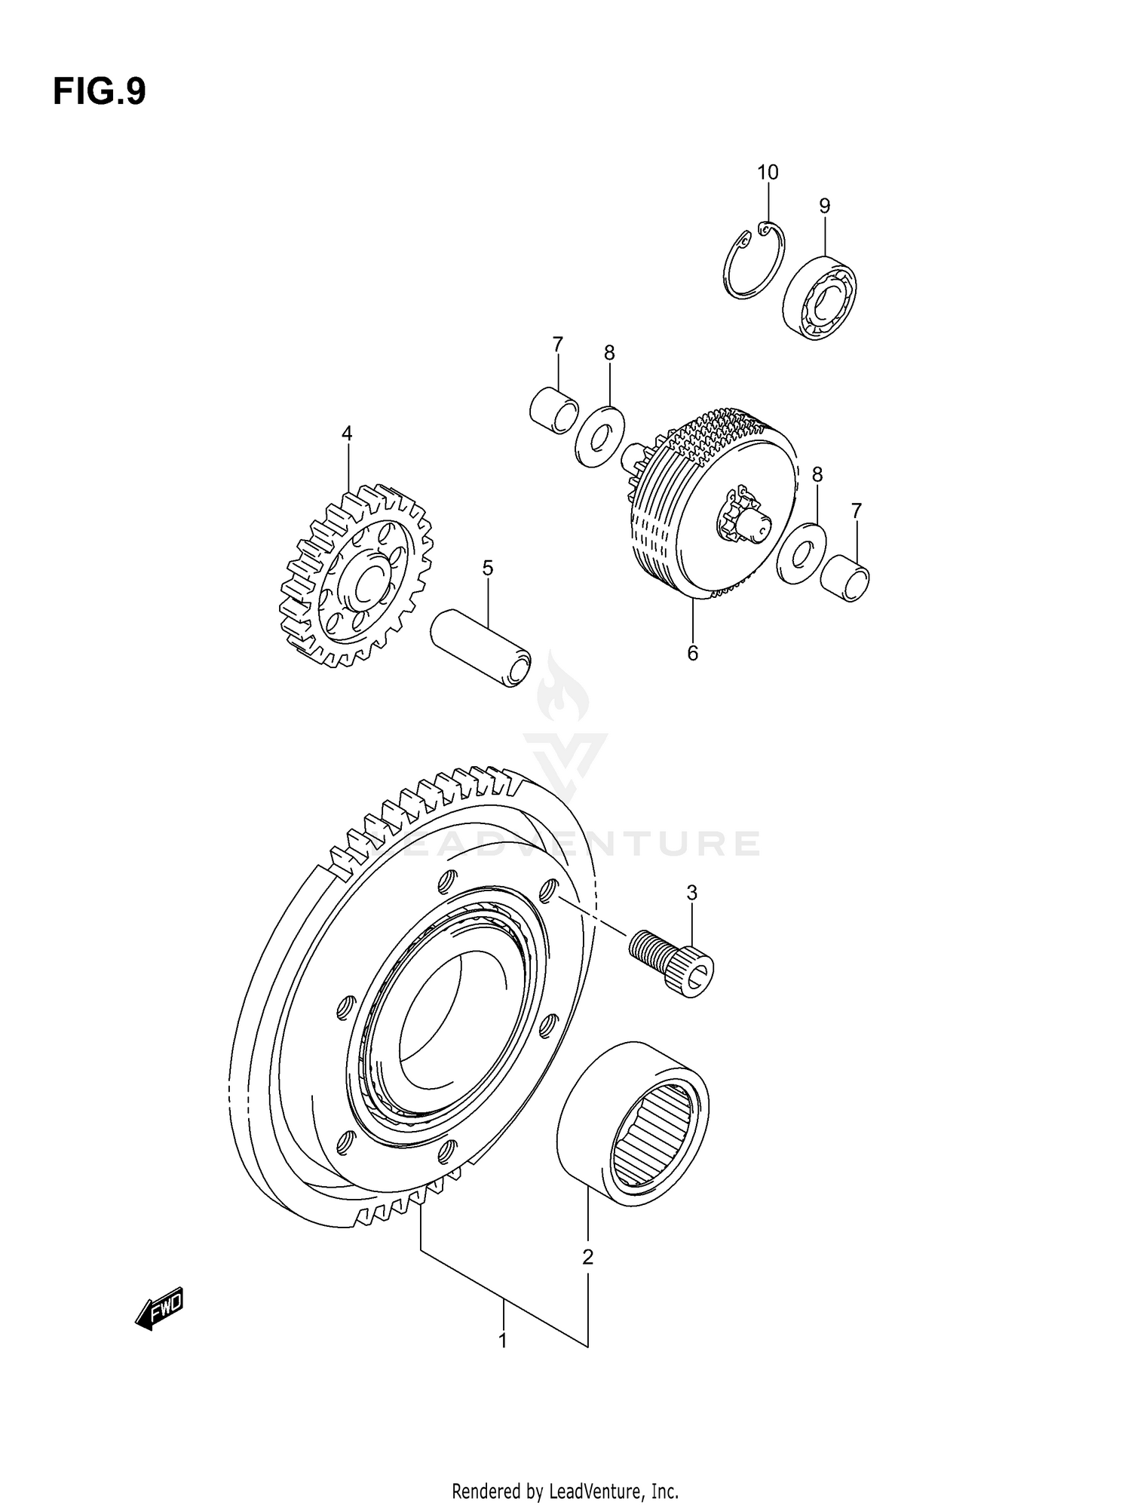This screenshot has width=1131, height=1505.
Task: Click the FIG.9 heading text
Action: coord(99,92)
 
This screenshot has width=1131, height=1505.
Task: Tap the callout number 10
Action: coord(768,173)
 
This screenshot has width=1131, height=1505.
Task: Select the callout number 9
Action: coord(824,206)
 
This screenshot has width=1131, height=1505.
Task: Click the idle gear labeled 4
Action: coord(351,577)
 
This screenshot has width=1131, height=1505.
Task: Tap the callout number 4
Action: coord(347,434)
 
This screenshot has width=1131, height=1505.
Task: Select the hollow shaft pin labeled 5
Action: coord(480,649)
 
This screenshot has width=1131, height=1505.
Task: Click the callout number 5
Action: coord(488,568)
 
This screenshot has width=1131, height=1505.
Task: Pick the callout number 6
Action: coord(692,653)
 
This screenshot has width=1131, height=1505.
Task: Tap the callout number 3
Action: coord(691,893)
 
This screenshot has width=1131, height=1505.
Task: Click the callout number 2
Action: coord(587,1257)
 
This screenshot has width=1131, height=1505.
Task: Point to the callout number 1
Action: coord(502,1341)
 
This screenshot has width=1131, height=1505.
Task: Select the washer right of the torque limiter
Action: coord(801,553)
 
